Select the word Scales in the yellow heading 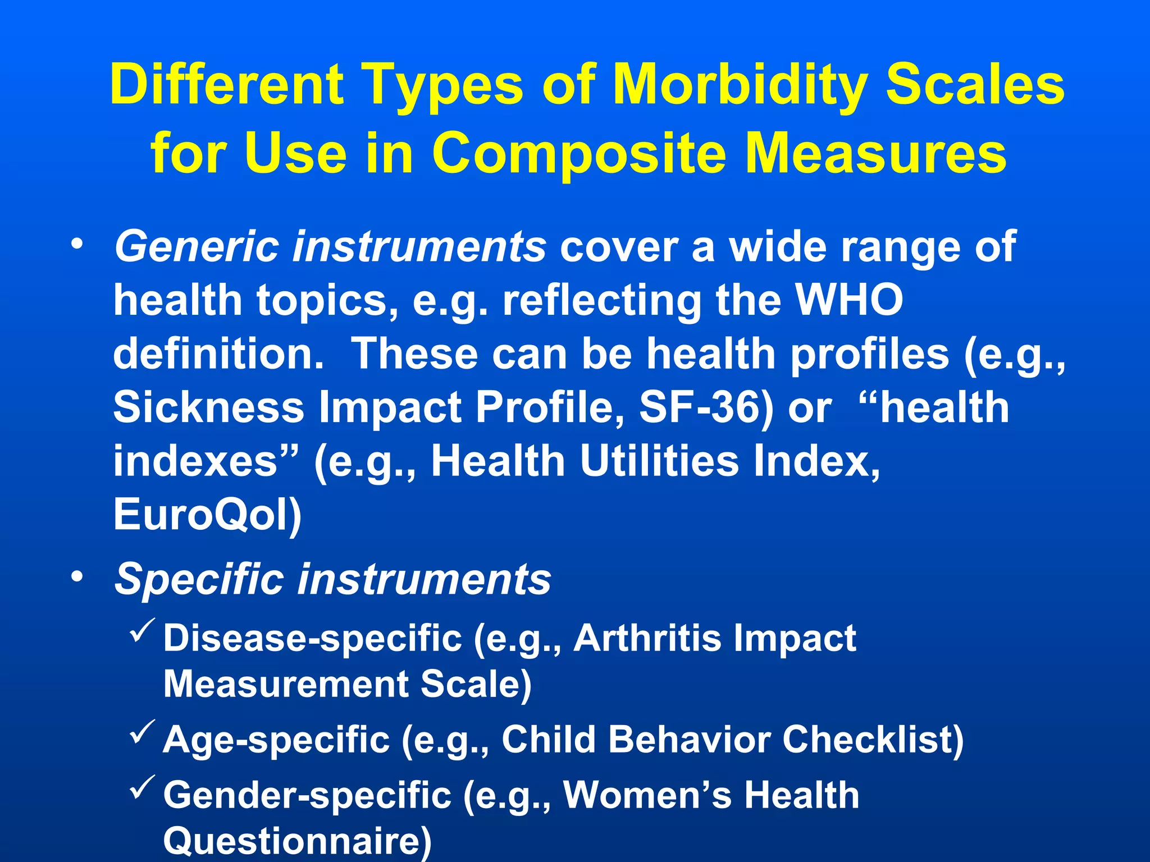point(975,86)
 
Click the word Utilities point(659,461)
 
